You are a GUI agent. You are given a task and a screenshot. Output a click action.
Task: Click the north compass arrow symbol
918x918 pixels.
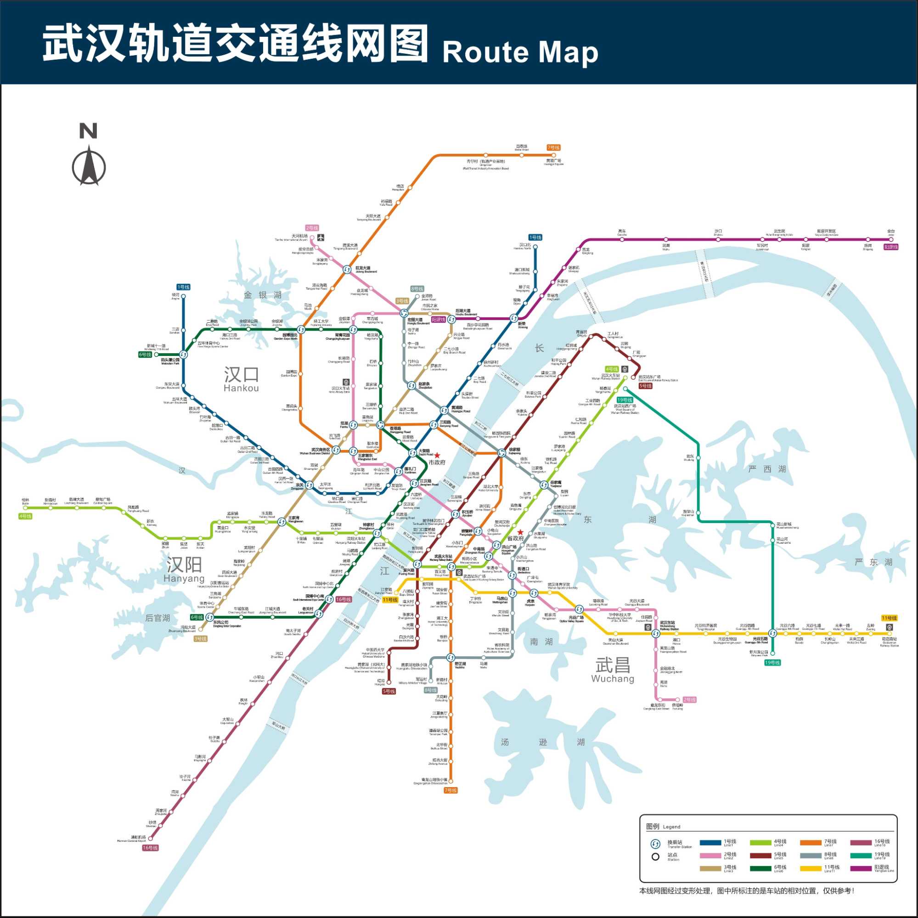[x=88, y=165]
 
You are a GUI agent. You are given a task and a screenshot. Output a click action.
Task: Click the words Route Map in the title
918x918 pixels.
[x=520, y=52]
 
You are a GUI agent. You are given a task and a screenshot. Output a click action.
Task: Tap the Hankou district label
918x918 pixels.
[x=242, y=379]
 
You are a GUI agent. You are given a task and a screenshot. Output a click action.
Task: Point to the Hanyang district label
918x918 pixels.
[x=184, y=569]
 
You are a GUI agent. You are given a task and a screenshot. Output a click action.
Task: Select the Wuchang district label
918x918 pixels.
[x=613, y=669]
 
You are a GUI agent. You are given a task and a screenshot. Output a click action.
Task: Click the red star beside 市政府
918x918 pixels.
[x=437, y=455]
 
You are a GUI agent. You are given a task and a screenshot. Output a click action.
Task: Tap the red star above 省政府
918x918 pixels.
[x=521, y=532]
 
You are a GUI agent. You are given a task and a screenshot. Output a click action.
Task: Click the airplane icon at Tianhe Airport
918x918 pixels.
[x=321, y=237]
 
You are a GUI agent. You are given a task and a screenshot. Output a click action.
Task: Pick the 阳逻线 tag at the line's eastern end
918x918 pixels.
[x=890, y=247]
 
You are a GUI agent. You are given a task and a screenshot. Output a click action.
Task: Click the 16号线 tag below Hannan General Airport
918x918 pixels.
[x=150, y=848]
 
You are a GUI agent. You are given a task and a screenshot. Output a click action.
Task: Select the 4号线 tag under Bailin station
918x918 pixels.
[x=25, y=516]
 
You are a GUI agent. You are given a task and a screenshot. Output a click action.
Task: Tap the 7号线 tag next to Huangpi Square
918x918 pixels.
[x=553, y=147]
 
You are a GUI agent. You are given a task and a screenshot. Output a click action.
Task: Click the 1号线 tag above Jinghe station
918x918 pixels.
[x=183, y=287]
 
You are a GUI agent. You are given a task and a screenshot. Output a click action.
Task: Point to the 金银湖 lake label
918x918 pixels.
[x=262, y=295]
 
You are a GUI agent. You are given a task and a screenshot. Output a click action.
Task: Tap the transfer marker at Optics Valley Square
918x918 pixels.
[x=579, y=609]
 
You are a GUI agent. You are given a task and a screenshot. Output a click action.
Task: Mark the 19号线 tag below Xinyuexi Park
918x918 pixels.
[x=772, y=662]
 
